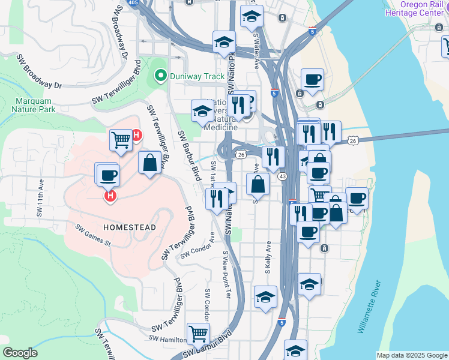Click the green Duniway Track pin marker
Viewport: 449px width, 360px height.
click(x=160, y=76)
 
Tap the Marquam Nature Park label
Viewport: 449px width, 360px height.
click(x=33, y=105)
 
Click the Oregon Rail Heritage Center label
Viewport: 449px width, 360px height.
click(x=415, y=8)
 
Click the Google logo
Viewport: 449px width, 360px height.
click(x=20, y=352)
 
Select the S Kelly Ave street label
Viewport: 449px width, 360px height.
click(x=268, y=257)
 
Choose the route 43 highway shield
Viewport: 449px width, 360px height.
click(x=282, y=176)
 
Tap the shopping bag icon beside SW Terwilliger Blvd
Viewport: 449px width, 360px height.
click(x=149, y=162)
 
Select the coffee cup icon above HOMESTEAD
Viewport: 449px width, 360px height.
click(x=108, y=175)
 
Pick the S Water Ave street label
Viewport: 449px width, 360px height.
click(x=257, y=51)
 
